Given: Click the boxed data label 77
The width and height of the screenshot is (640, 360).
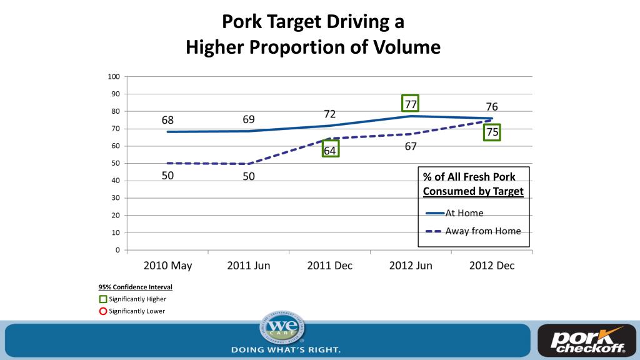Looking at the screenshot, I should pos(410,104).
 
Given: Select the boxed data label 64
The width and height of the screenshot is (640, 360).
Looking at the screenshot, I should pos(330,150).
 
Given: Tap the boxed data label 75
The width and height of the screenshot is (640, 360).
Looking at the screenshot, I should pos(492,132).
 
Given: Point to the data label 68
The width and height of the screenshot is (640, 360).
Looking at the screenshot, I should pos(167,120).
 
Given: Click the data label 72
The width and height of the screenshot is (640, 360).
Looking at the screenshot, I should pos(330,114).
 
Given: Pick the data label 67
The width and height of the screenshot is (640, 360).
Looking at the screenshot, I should pos(410,146).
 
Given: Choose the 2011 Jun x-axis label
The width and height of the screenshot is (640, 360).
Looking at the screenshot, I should pos(249,265).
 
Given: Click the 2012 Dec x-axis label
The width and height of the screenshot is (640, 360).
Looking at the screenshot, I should pos(492,265).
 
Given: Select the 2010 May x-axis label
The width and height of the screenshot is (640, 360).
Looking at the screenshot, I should pos(167,265).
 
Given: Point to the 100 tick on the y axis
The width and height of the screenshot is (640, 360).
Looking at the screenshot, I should pos(114,77).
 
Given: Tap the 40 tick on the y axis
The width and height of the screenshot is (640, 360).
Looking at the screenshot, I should pos(115,181).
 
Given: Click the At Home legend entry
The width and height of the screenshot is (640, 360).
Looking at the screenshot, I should pos(464,213).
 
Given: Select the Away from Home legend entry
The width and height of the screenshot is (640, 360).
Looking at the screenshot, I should pos(482,231).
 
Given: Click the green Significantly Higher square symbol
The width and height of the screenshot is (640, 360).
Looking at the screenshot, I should pos(103,299).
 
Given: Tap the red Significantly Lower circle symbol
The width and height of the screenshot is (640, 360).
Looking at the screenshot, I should pos(103,311).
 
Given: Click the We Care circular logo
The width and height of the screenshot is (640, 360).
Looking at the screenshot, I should pos(282,329).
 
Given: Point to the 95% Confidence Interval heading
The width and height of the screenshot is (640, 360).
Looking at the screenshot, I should pos(135,287).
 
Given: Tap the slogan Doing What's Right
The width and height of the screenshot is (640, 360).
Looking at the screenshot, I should pos(286,349).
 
